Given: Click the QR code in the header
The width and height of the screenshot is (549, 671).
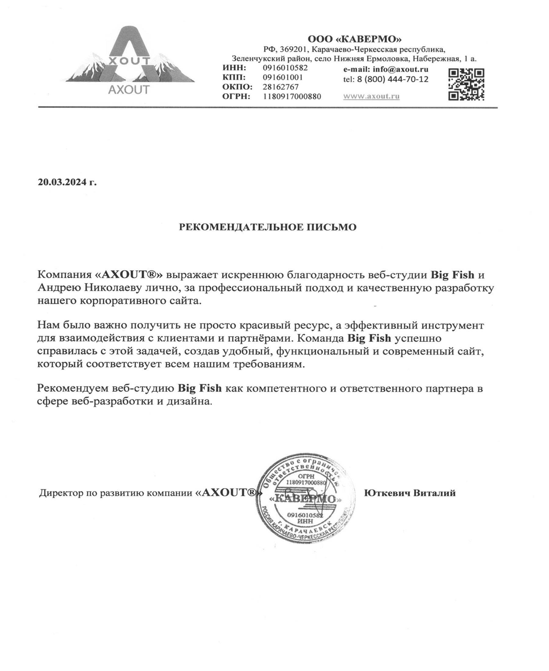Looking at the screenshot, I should click(466, 84).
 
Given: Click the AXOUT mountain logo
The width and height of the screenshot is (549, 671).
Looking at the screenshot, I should click(130, 60).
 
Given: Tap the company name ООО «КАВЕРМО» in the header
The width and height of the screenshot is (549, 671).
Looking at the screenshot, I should click(354, 39).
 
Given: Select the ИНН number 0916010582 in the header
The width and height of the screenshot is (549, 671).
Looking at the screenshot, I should click(285, 68).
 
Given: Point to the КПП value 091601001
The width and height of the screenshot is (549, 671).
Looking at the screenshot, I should click(282, 77).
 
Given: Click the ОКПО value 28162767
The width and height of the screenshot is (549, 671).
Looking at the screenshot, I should click(281, 87).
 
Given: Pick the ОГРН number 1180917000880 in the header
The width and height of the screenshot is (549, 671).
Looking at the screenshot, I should click(292, 96).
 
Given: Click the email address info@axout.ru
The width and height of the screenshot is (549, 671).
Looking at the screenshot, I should click(400, 69).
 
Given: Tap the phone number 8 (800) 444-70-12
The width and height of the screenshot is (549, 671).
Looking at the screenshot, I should click(393, 79).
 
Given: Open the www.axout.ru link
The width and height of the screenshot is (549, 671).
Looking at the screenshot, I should click(371, 96).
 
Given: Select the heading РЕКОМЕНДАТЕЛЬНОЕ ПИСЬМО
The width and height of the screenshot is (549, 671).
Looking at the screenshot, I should click(267, 227).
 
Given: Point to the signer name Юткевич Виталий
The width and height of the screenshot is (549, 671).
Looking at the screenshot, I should click(410, 493).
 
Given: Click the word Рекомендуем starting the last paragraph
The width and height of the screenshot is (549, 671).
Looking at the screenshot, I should click(74, 388).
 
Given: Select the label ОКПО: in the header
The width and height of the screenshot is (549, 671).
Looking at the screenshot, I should click(237, 87).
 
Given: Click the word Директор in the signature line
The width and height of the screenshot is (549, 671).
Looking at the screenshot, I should click(60, 493).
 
